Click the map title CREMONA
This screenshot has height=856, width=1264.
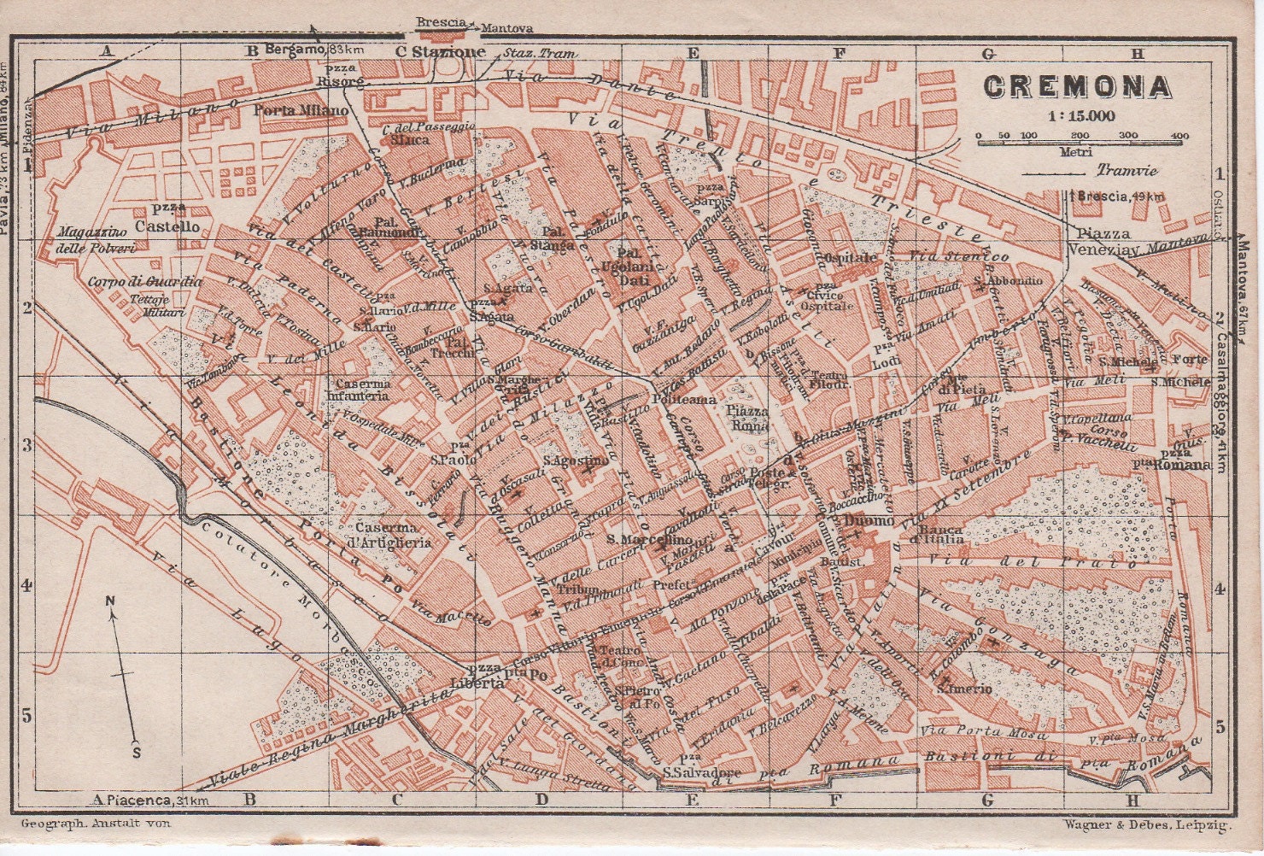click(1075, 87)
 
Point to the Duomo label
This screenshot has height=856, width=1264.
click(869, 521)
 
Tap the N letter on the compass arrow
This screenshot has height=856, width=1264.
click(111, 601)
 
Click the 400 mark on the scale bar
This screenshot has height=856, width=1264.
click(1180, 136)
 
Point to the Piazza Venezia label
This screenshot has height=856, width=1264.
click(1103, 241)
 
